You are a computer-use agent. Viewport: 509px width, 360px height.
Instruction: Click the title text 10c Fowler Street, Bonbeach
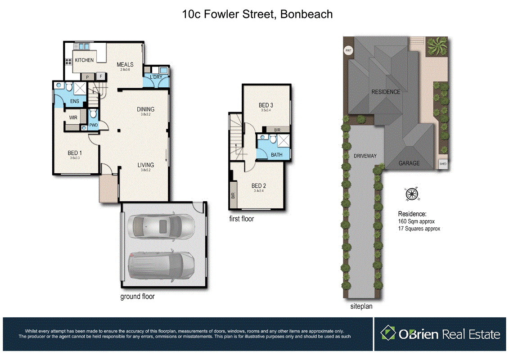coord(257,14)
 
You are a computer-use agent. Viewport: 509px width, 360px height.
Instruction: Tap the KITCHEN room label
coord(84,60)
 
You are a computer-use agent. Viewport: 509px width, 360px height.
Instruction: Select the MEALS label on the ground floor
coord(125,65)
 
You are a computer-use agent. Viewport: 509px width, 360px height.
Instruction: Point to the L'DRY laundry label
coord(156,77)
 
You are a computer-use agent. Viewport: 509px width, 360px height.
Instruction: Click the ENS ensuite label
coord(75,101)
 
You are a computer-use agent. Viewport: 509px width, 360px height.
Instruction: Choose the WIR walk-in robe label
coord(74,117)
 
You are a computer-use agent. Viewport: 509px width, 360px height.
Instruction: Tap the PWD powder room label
coord(94,125)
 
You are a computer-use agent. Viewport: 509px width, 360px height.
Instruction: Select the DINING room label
coord(145,109)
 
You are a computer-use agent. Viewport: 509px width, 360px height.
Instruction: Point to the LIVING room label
coord(145,165)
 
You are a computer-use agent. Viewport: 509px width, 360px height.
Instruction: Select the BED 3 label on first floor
coord(266,105)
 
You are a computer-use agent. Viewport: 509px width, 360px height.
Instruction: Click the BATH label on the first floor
coord(277,155)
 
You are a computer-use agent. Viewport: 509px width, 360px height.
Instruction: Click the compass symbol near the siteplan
coord(411,194)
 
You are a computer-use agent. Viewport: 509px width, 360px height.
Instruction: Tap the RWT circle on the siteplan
coord(348,51)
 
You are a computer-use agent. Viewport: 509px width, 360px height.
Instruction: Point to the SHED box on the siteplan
coord(443,164)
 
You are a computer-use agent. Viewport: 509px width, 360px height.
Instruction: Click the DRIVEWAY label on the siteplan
coord(365,156)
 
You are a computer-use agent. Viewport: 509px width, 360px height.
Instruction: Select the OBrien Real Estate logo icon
coord(388,333)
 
